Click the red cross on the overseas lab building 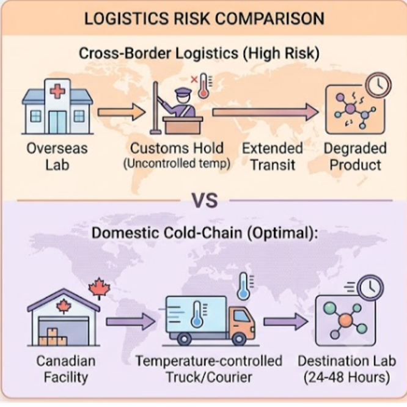click(x=57, y=92)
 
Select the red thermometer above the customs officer click(x=204, y=86)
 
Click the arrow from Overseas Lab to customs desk click(x=122, y=112)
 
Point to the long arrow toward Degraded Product click(x=265, y=112)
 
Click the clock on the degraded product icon click(x=378, y=85)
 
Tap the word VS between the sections click(x=205, y=200)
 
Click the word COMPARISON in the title click(x=269, y=18)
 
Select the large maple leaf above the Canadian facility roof click(x=99, y=288)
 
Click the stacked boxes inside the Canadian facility click(x=53, y=337)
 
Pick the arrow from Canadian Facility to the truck click(x=131, y=321)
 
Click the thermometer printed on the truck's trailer click(x=197, y=314)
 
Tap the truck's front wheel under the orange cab click(x=239, y=339)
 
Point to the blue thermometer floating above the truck click(x=243, y=286)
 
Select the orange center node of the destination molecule click(x=345, y=320)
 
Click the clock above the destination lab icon click(x=370, y=288)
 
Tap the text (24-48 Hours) click(x=346, y=378)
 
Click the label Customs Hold click(x=177, y=148)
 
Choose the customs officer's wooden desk click(x=183, y=125)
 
